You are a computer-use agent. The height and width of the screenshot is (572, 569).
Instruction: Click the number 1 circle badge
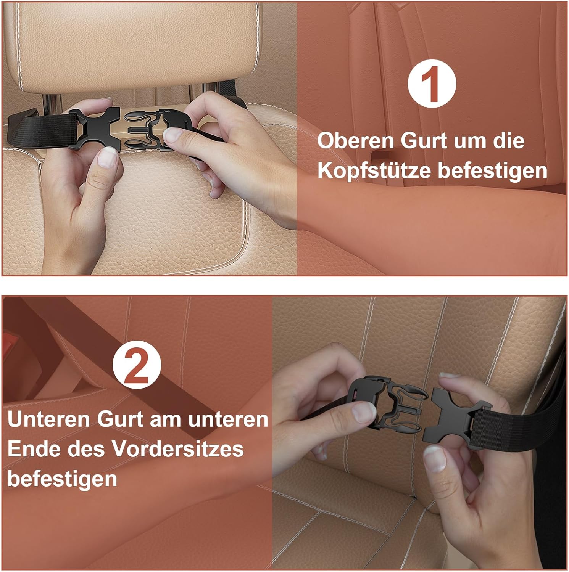point(432,84)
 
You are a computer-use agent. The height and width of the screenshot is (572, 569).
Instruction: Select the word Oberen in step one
point(355,141)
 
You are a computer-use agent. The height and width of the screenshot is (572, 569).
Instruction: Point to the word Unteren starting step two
point(48,419)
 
